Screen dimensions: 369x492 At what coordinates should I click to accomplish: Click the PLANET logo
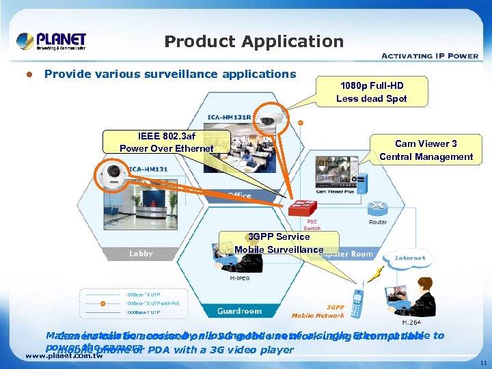tap(51, 41)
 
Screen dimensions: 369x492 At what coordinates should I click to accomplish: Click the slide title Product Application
tap(254, 42)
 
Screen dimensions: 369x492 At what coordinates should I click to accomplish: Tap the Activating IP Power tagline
tap(429, 56)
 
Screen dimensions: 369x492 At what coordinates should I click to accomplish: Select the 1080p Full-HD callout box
tap(371, 92)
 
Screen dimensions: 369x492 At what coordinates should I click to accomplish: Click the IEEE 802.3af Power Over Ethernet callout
tap(166, 142)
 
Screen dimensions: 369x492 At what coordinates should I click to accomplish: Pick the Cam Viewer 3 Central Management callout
tap(426, 150)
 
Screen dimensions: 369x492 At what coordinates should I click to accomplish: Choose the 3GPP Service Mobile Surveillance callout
tap(279, 243)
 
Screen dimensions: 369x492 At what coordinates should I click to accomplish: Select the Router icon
tap(377, 208)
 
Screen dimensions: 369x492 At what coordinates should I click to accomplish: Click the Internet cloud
tap(409, 258)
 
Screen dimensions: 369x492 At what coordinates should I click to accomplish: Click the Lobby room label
tap(141, 254)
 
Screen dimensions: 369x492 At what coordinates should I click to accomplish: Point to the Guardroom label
tap(239, 311)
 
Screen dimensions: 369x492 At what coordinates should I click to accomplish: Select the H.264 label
tap(412, 322)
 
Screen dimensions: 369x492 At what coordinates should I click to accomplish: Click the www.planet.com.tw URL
tap(63, 355)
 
